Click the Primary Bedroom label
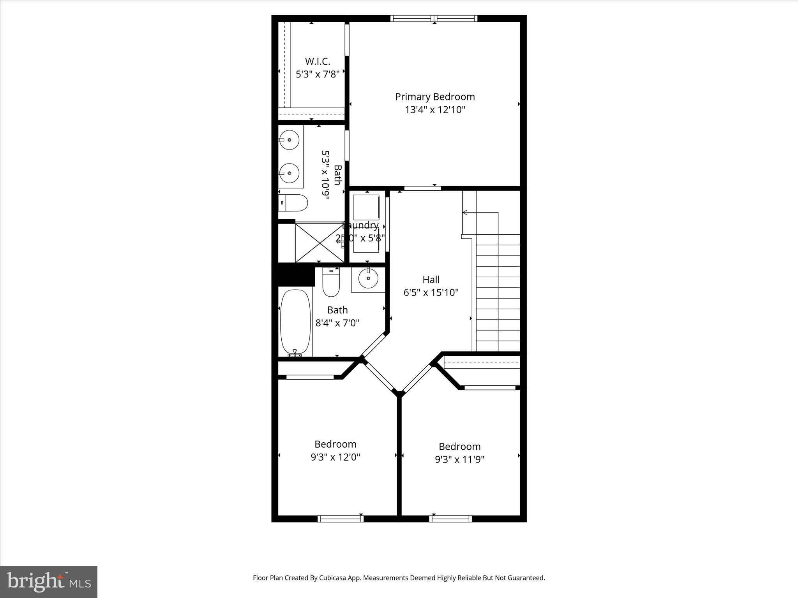point(435,97)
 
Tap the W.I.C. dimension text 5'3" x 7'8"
point(318,74)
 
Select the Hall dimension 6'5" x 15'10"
point(431,292)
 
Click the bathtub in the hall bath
point(295,322)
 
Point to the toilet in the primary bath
point(294,203)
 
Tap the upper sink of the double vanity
point(290,139)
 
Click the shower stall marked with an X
point(319,242)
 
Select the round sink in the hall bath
point(368,278)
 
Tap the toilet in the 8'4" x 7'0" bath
point(331,283)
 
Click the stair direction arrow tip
point(464,212)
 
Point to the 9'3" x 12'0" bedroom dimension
point(335,457)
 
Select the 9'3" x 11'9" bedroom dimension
point(459,459)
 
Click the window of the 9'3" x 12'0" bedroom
point(341,518)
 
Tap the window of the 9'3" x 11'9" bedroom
point(450,518)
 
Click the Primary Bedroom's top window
point(434,18)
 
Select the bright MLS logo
point(49,581)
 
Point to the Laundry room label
point(360,225)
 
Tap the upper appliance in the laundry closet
point(366,207)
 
